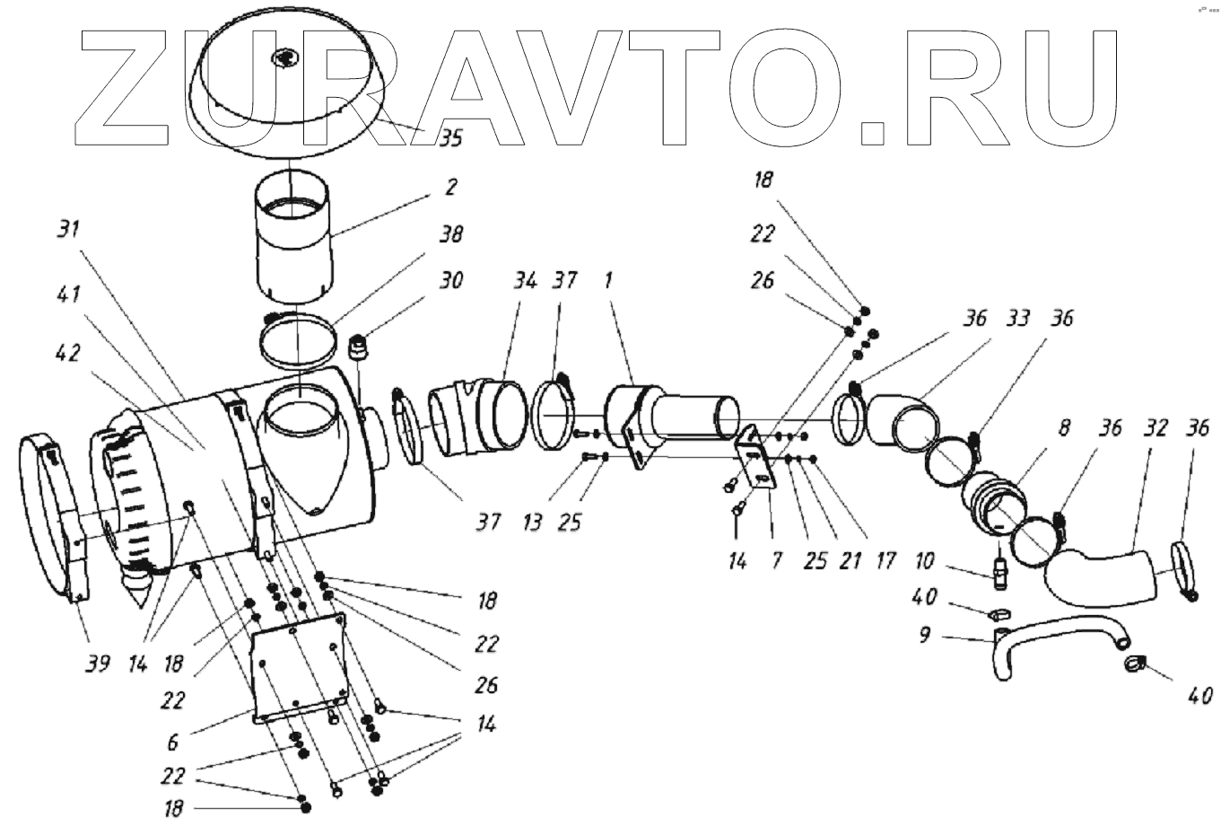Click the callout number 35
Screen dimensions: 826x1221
(450, 137)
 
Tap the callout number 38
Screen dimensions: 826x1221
(451, 234)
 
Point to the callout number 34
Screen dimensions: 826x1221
(525, 281)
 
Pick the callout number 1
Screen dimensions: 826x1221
(608, 281)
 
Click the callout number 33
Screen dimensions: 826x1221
(1017, 318)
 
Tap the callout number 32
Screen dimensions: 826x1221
(1156, 428)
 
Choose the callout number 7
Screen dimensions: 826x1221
(777, 561)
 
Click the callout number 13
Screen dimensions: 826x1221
(533, 521)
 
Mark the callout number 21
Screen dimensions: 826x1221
(850, 561)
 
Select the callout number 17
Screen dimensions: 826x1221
(886, 561)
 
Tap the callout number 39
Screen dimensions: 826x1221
(98, 663)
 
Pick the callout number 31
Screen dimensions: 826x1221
(69, 229)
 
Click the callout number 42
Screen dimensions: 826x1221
(68, 353)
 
